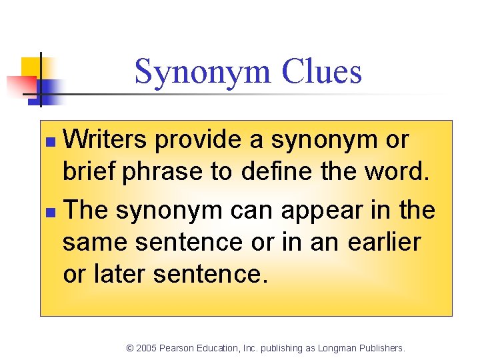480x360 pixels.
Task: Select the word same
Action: [x=96, y=242]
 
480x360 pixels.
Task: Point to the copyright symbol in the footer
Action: [x=130, y=348]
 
